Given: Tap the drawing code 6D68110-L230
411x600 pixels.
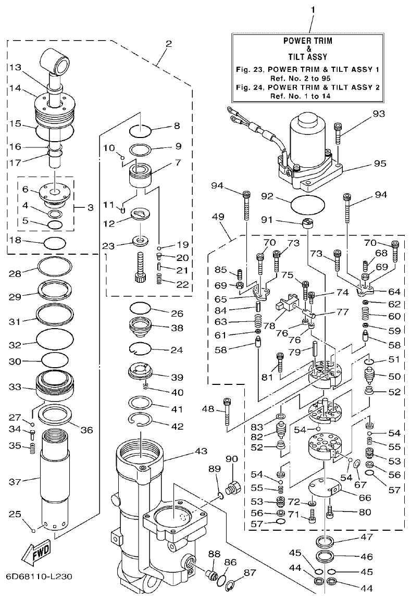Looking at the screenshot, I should pyautogui.click(x=38, y=577).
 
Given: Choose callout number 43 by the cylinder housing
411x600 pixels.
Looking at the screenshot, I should pyautogui.click(x=185, y=450).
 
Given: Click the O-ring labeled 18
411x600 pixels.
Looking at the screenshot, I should pyautogui.click(x=55, y=242).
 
